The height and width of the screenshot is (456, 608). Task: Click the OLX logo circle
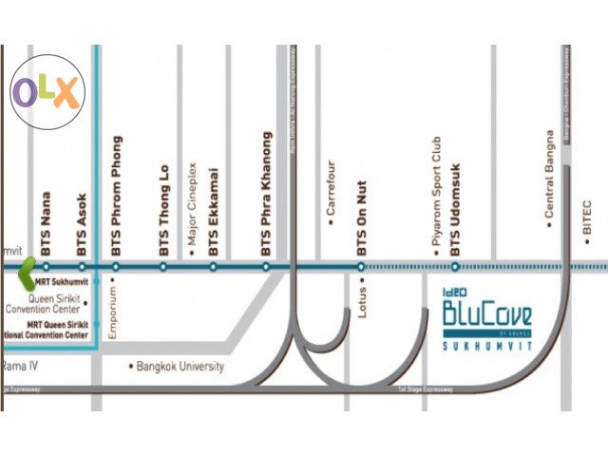pos(47,92)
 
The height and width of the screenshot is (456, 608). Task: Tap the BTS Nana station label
pos(46,223)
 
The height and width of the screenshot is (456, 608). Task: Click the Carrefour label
pos(332,195)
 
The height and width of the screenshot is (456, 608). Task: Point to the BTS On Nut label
pos(361,218)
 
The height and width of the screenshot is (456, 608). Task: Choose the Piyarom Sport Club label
pos(437,194)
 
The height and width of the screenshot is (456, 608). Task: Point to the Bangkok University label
pos(178,366)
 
